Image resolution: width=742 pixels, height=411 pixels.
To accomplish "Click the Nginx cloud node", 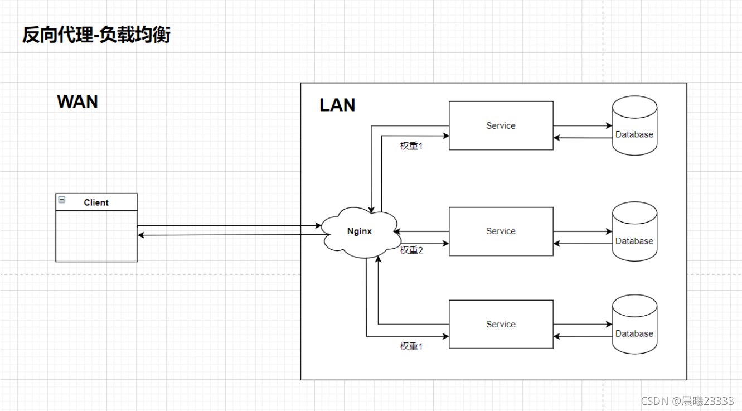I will click(360, 231).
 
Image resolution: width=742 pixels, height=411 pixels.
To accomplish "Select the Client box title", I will click(96, 202).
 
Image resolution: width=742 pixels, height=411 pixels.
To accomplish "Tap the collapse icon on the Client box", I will click(62, 200).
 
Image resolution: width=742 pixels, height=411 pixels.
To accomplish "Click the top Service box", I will click(501, 125).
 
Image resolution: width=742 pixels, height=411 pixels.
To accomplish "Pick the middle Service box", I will click(501, 231).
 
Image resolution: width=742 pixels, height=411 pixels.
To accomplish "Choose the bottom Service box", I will click(501, 324).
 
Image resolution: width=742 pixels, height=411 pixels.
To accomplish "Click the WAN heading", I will click(77, 101).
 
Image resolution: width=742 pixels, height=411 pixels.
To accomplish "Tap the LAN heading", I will click(337, 105).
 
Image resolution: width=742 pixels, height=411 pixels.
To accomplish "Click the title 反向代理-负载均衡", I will click(96, 35).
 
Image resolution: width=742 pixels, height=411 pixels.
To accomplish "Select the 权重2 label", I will click(411, 250).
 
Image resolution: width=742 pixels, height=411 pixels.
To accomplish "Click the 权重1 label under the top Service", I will click(411, 146).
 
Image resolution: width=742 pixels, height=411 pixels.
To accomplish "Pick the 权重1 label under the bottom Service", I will click(411, 346).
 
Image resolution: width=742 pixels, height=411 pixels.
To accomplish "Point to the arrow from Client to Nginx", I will click(229, 226).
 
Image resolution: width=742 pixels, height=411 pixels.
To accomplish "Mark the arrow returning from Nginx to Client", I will click(229, 235).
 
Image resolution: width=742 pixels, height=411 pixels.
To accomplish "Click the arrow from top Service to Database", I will click(583, 126).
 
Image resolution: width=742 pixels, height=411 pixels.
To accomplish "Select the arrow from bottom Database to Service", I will click(583, 336).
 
